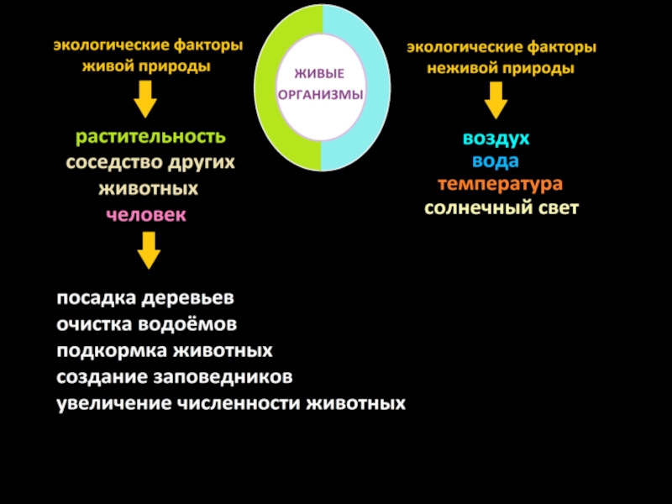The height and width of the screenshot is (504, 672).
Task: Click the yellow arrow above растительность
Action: pyautogui.click(x=145, y=102)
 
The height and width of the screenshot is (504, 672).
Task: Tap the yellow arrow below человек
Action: pyautogui.click(x=149, y=250)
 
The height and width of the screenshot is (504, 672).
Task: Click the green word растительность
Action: pyautogui.click(x=150, y=137)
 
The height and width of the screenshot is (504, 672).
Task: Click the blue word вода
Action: pyautogui.click(x=496, y=161)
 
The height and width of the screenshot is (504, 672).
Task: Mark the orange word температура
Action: pyautogui.click(x=500, y=184)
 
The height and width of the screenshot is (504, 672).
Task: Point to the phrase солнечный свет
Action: pyautogui.click(x=501, y=207)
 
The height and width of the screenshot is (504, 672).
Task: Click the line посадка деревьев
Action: pyautogui.click(x=146, y=299)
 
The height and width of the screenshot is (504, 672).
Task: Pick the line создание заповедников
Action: pyautogui.click(x=175, y=376)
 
